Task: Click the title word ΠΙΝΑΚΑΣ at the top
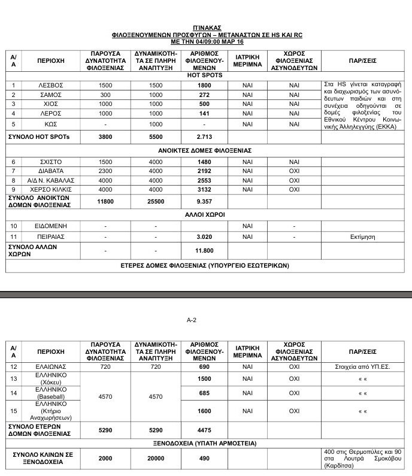click(207, 28)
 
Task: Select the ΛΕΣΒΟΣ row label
click(50, 86)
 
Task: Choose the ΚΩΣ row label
click(50, 124)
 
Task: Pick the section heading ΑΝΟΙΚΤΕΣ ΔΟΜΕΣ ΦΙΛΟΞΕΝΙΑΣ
click(205, 150)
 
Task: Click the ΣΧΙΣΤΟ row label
click(50, 162)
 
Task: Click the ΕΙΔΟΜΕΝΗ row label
click(50, 226)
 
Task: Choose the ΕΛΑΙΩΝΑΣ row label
click(50, 365)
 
